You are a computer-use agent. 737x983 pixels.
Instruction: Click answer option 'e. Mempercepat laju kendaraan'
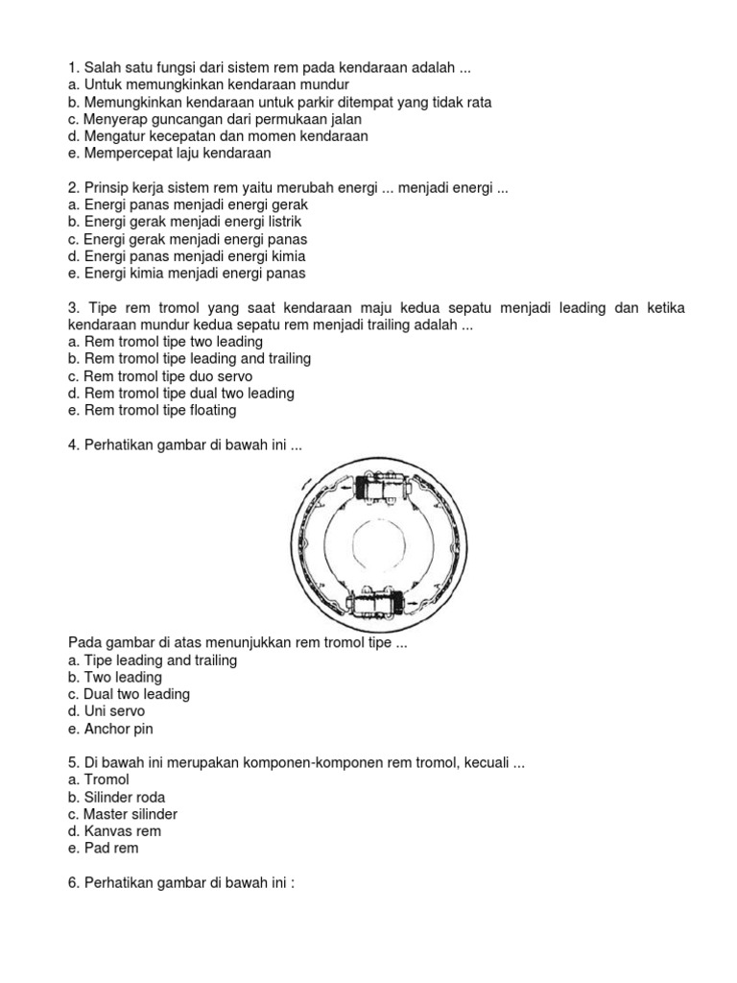point(170,154)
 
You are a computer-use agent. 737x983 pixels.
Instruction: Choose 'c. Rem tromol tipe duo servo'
point(160,376)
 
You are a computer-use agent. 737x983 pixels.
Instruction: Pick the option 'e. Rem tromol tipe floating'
point(153,410)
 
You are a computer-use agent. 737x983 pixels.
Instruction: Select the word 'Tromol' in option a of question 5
point(107,779)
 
